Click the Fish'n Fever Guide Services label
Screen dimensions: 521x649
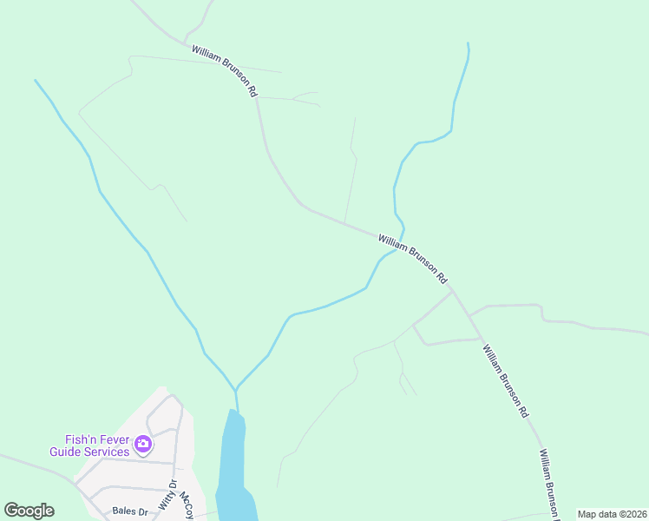pyautogui.click(x=89, y=445)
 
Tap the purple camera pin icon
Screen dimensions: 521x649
pyautogui.click(x=143, y=445)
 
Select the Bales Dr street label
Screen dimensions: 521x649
pyautogui.click(x=130, y=511)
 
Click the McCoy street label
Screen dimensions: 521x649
pyautogui.click(x=186, y=506)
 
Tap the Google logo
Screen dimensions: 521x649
pyautogui.click(x=29, y=511)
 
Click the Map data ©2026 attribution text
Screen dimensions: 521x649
pyautogui.click(x=612, y=514)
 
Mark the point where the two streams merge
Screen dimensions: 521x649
pyautogui.click(x=236, y=389)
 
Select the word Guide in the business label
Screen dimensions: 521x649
pyautogui.click(x=67, y=452)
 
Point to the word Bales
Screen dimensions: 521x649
pyautogui.click(x=125, y=511)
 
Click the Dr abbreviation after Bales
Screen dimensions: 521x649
pyautogui.click(x=143, y=511)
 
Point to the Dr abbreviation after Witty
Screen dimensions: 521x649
pyautogui.click(x=173, y=485)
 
